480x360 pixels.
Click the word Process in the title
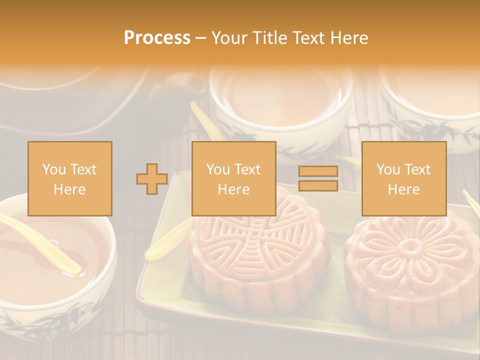pos(157,38)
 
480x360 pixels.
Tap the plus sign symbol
pos(152,179)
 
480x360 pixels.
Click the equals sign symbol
pos(318,178)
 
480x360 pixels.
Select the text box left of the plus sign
pos(70,178)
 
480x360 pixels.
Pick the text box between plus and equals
pos(233,178)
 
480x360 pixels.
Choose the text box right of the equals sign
pos(403,178)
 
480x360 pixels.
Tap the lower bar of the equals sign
pos(318,185)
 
